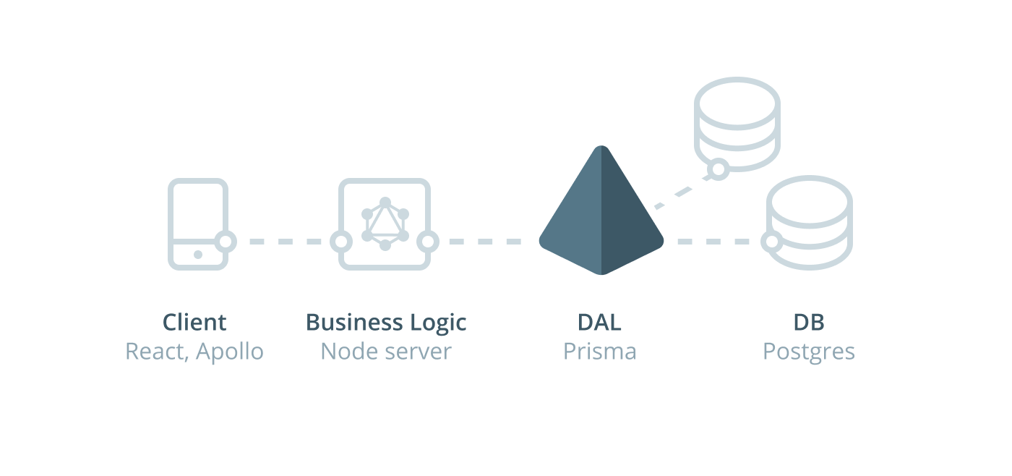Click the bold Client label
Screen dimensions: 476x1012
point(194,322)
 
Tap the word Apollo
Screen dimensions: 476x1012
point(230,352)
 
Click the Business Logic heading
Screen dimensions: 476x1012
point(386,322)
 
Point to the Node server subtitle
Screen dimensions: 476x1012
point(386,352)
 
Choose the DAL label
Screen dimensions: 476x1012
point(599,322)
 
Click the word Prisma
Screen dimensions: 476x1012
point(599,352)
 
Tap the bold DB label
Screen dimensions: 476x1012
point(808,322)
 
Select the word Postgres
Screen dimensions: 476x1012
point(808,352)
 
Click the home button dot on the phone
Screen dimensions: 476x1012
point(198,255)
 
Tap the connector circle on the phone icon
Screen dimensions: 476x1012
point(226,242)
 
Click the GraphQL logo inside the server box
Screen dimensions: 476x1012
point(385,224)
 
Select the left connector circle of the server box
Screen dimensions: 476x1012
point(340,242)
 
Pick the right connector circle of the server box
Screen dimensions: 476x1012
point(428,242)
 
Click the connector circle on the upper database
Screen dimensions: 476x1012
point(718,169)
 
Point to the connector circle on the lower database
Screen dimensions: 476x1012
point(771,242)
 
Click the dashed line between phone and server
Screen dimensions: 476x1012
point(283,242)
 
